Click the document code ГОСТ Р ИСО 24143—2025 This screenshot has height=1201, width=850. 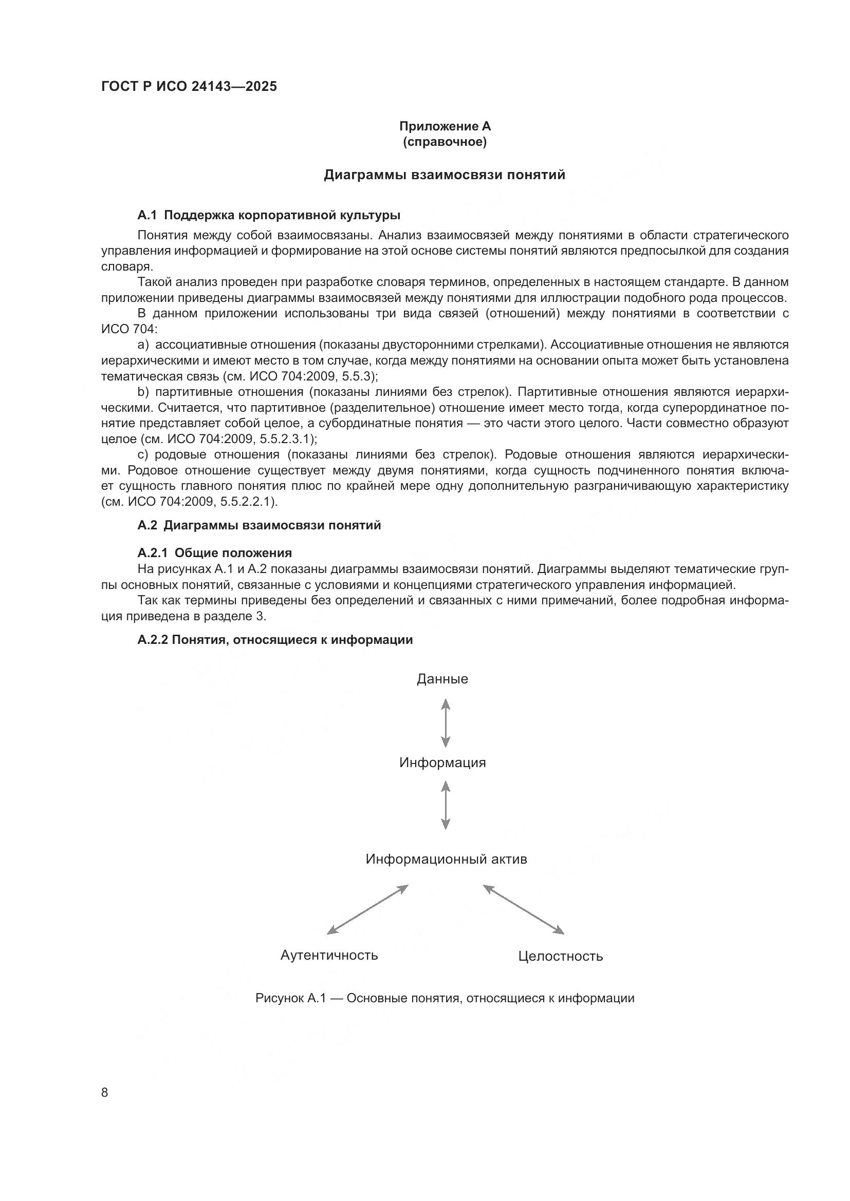(189, 87)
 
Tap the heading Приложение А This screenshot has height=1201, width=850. (445, 126)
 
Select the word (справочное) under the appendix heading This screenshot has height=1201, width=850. (445, 142)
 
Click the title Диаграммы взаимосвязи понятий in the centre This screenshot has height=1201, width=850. (445, 175)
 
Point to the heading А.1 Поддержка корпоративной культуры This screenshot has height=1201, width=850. (269, 215)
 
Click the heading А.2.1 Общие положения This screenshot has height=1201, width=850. (215, 553)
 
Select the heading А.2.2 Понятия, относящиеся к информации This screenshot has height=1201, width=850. (275, 640)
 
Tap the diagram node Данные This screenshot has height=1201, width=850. (442, 679)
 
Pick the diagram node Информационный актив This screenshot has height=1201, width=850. (446, 860)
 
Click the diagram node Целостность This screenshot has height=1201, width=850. (560, 957)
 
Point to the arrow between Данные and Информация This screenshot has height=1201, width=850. (446, 723)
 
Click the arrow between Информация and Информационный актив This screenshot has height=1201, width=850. (446, 806)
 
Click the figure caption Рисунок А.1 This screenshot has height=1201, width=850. (445, 999)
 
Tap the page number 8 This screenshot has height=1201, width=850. (105, 1093)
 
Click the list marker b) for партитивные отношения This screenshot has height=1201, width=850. (143, 392)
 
